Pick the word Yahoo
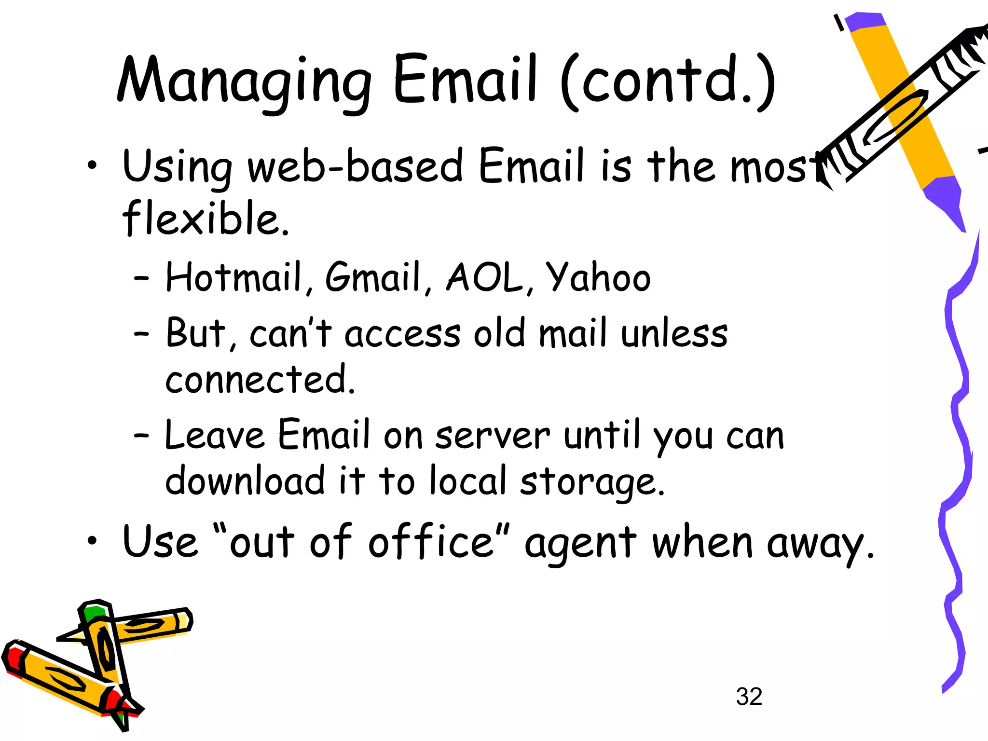click(x=598, y=278)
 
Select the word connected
click(x=260, y=379)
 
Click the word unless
click(x=674, y=333)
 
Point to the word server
click(x=492, y=436)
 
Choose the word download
click(x=245, y=480)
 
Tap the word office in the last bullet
click(x=431, y=542)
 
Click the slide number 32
click(x=749, y=697)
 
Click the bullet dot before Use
click(x=92, y=541)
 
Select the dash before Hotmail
click(x=141, y=278)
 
